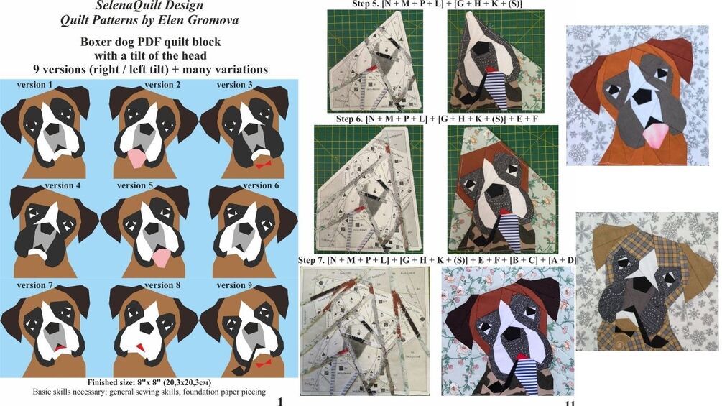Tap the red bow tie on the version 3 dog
coord(259,164)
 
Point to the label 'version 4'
coord(63,185)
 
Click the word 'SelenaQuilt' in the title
coord(124,6)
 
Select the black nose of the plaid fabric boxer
coord(647,285)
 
